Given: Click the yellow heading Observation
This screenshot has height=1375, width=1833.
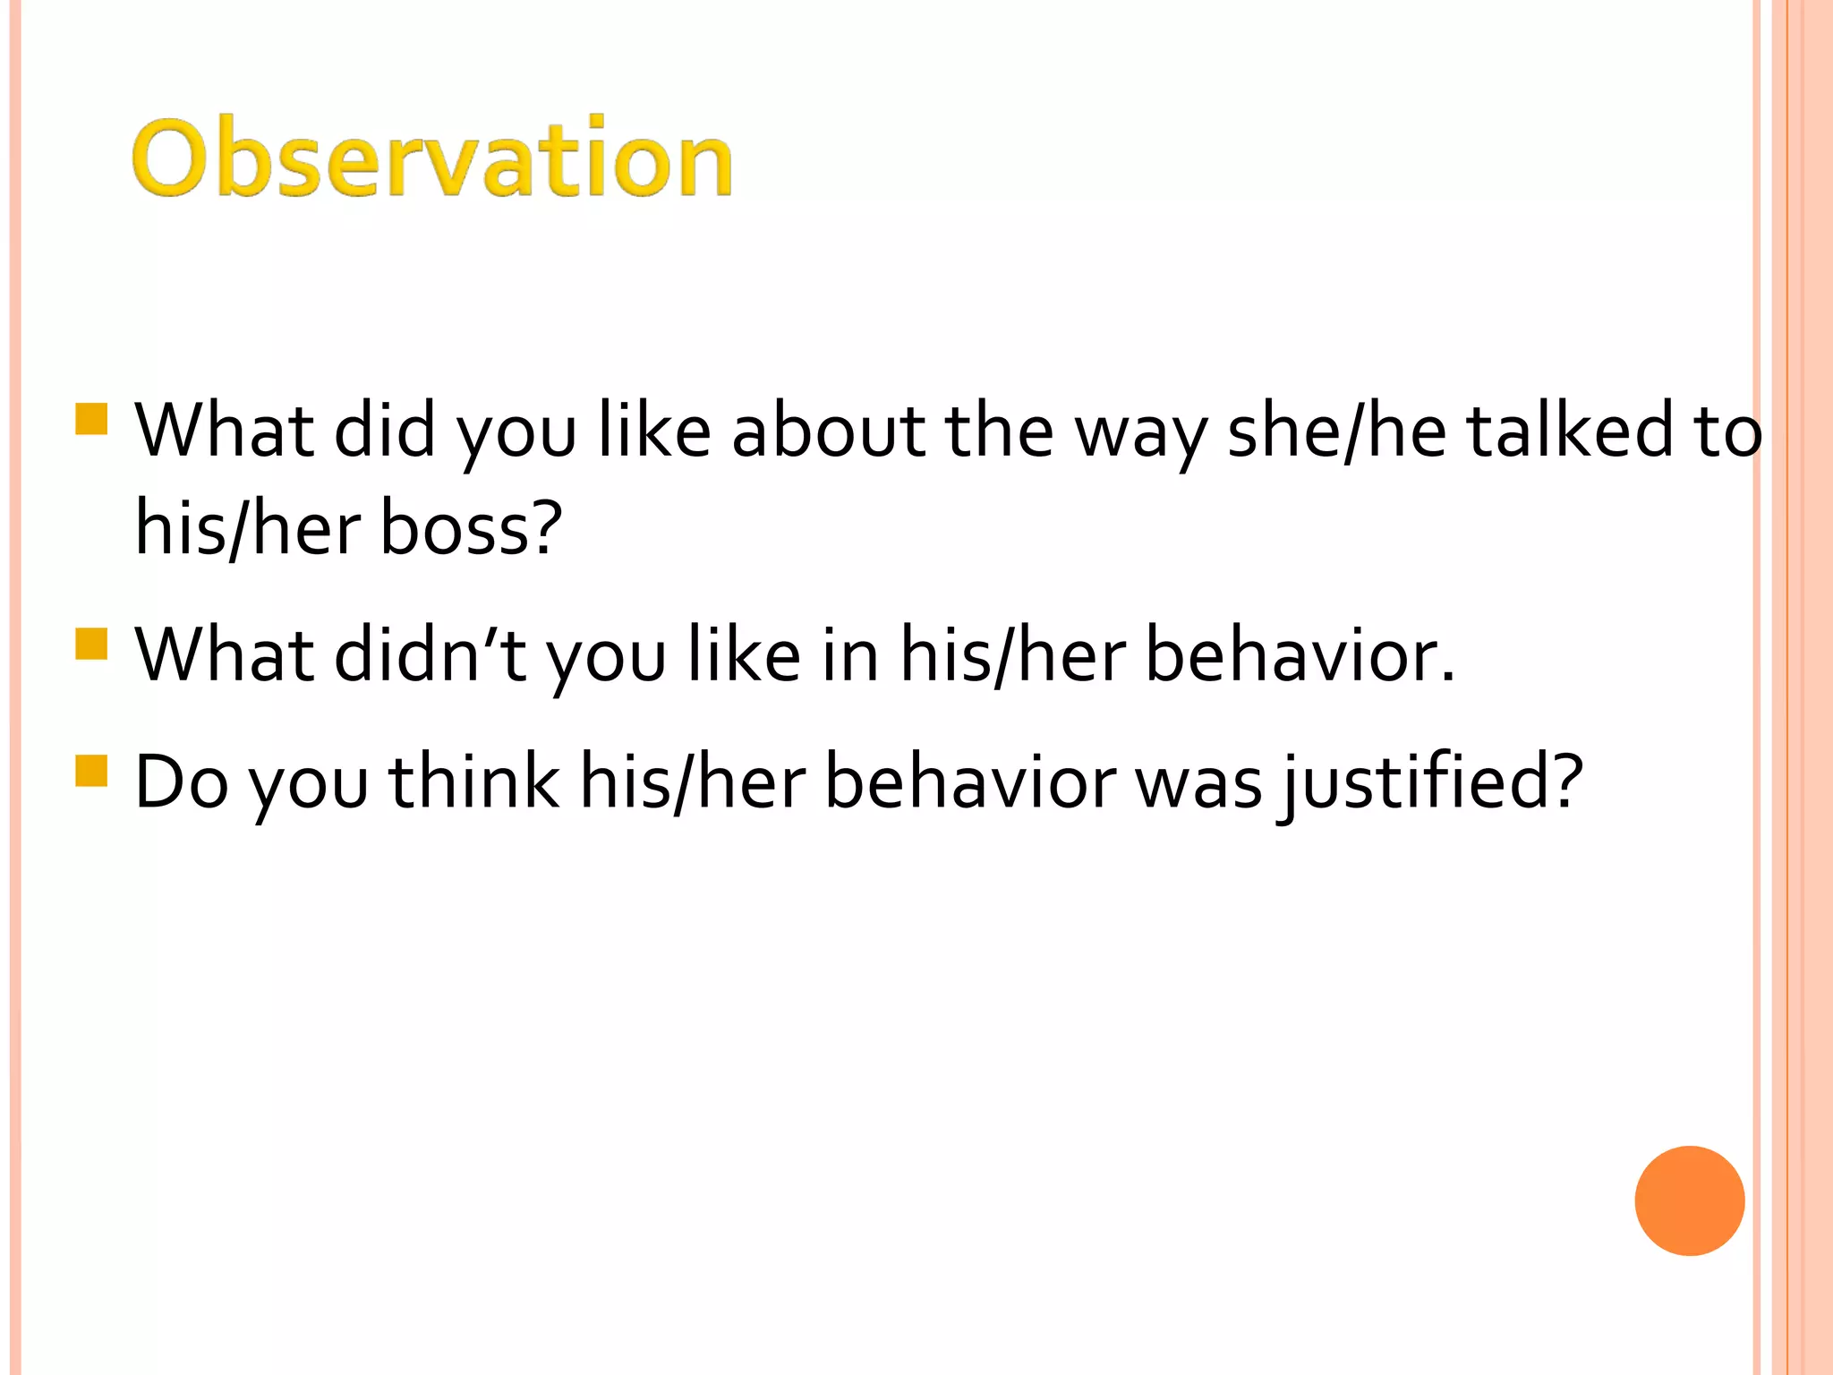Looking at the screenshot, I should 432,158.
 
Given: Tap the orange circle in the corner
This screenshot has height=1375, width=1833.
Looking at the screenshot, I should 1689,1200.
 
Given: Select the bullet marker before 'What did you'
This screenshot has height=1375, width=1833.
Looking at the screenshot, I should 91,419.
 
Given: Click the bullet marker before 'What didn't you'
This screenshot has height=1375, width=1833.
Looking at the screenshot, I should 91,644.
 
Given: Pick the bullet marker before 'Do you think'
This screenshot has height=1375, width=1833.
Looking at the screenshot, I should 91,770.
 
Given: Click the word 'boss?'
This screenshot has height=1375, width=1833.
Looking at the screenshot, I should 471,527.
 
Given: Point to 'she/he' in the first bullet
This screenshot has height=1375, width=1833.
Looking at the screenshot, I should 1336,431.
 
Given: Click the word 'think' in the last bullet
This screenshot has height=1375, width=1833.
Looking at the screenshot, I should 474,782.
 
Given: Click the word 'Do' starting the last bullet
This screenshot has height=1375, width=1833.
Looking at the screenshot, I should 181,782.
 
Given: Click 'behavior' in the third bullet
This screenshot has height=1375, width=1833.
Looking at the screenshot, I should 969,782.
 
